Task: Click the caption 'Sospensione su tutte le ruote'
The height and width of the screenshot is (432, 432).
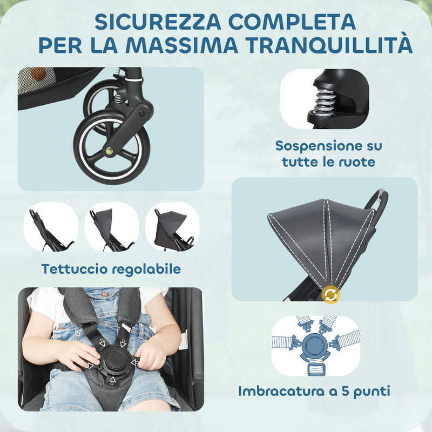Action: [x=328, y=153]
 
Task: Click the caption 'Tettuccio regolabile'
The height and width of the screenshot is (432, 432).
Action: [x=111, y=269]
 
